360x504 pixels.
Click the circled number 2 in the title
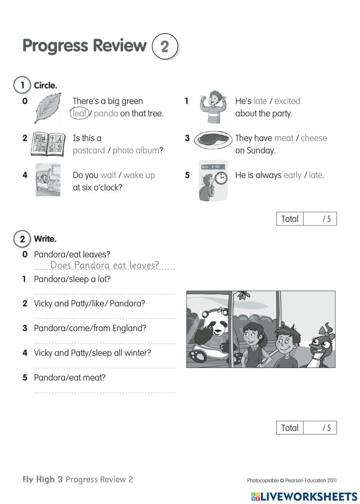click(165, 46)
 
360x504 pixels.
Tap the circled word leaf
click(79, 113)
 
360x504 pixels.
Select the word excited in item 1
click(287, 101)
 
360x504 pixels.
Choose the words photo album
click(136, 150)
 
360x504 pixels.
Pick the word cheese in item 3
click(314, 138)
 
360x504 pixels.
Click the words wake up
click(139, 175)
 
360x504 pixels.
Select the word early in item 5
click(292, 175)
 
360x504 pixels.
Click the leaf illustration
click(48, 108)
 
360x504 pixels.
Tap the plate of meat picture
click(213, 139)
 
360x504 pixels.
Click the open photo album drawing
click(48, 144)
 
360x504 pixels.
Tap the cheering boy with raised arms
click(212, 106)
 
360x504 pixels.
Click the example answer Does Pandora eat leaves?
click(104, 265)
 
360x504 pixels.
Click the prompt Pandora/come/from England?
click(90, 328)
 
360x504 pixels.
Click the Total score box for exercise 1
click(306, 219)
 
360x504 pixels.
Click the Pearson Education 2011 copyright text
click(292, 480)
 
